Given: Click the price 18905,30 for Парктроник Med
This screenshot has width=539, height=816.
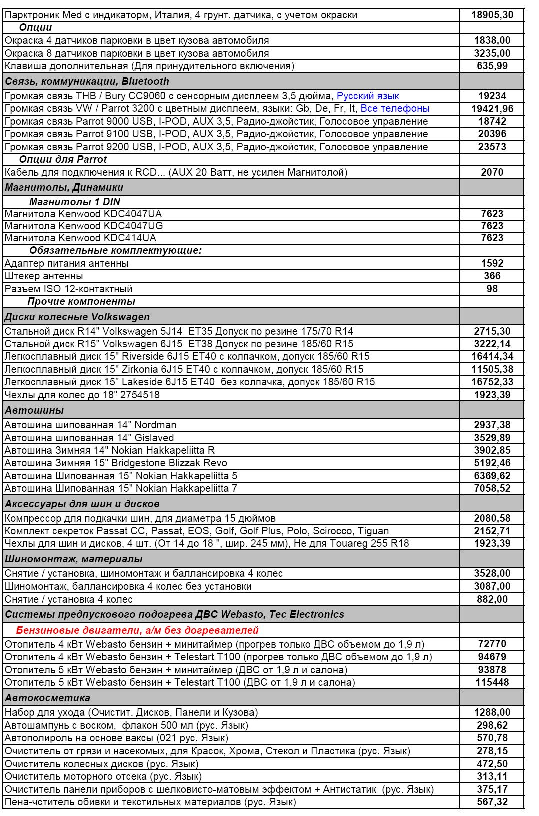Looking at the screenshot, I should click(492, 15).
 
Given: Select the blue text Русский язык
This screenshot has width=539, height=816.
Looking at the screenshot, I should click(368, 96).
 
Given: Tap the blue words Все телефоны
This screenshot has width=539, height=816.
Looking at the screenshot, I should click(395, 108).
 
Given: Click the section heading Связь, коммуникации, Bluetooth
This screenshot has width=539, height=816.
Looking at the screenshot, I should click(87, 81).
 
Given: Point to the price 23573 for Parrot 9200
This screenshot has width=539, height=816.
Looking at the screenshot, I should click(492, 147).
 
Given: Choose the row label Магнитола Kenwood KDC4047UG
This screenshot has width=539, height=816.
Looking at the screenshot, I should click(84, 226).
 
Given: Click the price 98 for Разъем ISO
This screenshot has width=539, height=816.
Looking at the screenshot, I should click(492, 289).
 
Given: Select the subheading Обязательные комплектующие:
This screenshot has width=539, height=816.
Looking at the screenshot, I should click(115, 250).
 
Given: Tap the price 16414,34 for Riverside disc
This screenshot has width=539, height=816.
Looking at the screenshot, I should click(492, 356).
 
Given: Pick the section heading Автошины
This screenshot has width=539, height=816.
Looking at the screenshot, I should click(34, 410).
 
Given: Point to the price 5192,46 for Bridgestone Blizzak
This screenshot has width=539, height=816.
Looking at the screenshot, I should click(492, 463).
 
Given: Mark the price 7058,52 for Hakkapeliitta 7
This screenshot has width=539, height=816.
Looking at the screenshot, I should click(492, 488).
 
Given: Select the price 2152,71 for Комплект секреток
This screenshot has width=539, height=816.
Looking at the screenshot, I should click(492, 531).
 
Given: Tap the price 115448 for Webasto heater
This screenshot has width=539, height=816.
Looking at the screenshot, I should click(492, 682).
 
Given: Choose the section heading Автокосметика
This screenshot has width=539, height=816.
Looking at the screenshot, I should click(48, 698).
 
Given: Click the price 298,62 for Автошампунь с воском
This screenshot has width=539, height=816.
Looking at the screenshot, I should click(492, 725).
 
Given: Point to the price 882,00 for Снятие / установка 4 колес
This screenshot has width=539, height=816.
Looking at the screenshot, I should click(492, 599).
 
